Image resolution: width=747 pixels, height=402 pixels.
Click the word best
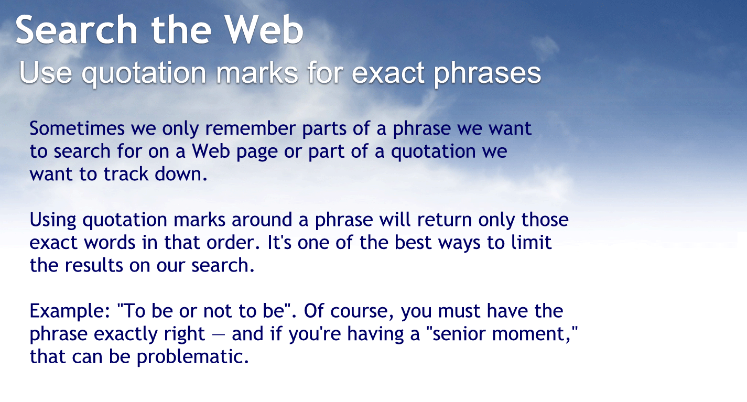tap(436, 243)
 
